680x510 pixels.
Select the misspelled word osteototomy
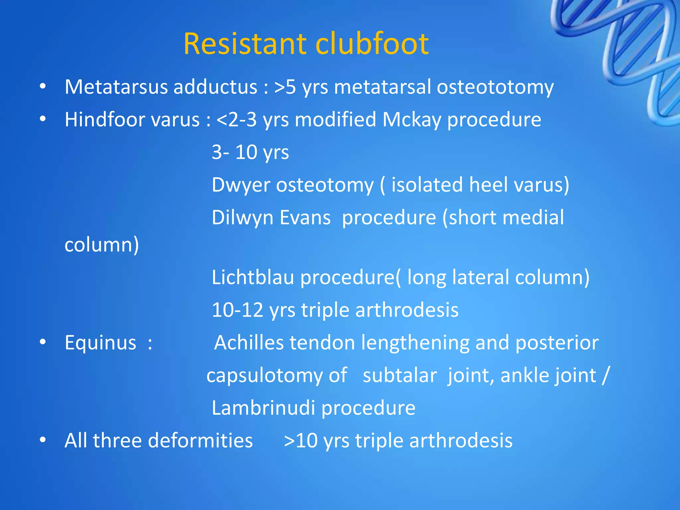pyautogui.click(x=495, y=87)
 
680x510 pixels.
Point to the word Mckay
pyautogui.click(x=412, y=120)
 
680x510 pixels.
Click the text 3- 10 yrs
pyautogui.click(x=250, y=152)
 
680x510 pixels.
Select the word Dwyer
pyautogui.click(x=241, y=185)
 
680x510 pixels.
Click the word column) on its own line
pyautogui.click(x=102, y=245)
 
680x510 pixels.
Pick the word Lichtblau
pyautogui.click(x=253, y=277)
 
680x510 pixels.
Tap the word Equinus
pyautogui.click(x=100, y=342)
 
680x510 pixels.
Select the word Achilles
pyautogui.click(x=249, y=342)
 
